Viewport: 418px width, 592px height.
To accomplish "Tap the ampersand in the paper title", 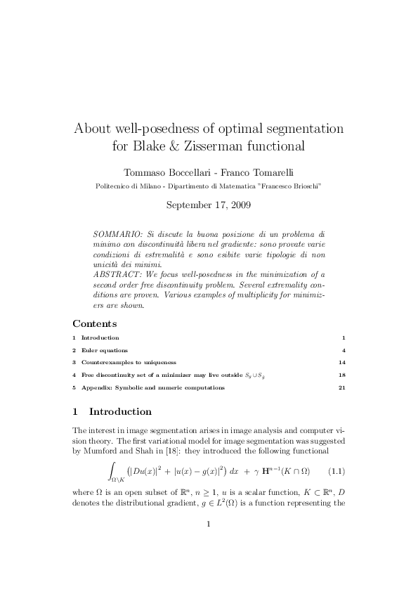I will (x=176, y=148).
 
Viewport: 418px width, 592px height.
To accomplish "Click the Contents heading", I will (x=95, y=324).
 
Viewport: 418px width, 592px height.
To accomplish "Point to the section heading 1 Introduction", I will (x=112, y=412).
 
